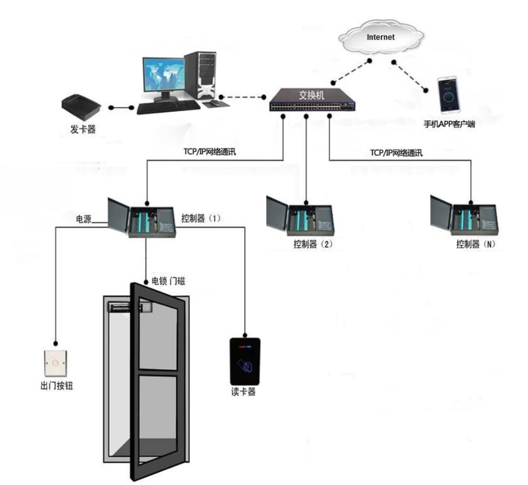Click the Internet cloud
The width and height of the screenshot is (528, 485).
[x=381, y=37]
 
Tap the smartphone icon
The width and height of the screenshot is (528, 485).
[x=449, y=95]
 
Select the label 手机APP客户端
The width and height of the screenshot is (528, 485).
[x=449, y=124]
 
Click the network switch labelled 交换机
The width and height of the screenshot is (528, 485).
[x=312, y=100]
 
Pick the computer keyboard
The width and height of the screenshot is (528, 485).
[x=168, y=107]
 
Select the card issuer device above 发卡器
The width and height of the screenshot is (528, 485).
[x=81, y=107]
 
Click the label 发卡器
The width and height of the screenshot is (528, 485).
[x=83, y=129]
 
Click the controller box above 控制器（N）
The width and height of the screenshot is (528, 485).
[x=464, y=216]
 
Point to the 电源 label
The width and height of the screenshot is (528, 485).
[x=83, y=219]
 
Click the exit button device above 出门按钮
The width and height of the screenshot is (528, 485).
[x=56, y=363]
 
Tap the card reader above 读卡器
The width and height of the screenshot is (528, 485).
[x=245, y=361]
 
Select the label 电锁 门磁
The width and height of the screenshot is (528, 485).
[x=168, y=281]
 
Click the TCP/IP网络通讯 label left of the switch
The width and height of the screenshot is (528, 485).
[x=210, y=152]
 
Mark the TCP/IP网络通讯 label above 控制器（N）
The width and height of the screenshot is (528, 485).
[x=396, y=153]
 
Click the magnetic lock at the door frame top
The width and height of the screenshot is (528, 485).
[x=130, y=306]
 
